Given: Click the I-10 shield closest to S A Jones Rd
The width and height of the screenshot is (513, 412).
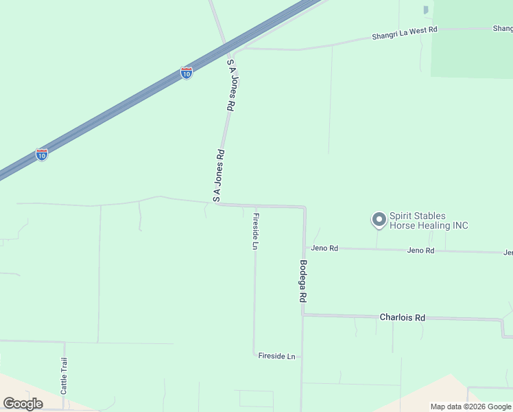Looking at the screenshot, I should pyautogui.click(x=187, y=73).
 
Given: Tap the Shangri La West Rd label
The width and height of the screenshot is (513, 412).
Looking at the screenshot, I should pyautogui.click(x=405, y=32).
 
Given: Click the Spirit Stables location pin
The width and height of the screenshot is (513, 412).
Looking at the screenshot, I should pyautogui.click(x=378, y=220).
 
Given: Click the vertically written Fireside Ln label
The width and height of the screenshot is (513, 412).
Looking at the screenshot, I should pyautogui.click(x=255, y=231).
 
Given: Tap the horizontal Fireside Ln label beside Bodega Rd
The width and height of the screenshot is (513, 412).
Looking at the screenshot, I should pyautogui.click(x=276, y=356).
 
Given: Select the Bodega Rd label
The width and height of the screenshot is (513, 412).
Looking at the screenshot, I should pyautogui.click(x=302, y=282).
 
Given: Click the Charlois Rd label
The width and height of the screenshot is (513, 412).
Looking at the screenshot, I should pyautogui.click(x=403, y=317).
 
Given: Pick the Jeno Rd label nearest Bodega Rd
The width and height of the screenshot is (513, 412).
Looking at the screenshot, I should pyautogui.click(x=324, y=249).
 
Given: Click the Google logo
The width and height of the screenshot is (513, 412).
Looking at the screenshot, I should pyautogui.click(x=23, y=403).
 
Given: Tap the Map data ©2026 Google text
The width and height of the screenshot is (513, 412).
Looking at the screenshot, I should pyautogui.click(x=470, y=407).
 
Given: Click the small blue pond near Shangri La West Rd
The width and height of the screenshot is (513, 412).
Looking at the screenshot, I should pyautogui.click(x=426, y=10).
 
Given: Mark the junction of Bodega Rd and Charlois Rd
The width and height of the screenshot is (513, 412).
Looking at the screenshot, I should pyautogui.click(x=303, y=314).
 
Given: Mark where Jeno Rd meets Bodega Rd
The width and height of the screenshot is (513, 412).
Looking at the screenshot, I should pyautogui.click(x=304, y=247).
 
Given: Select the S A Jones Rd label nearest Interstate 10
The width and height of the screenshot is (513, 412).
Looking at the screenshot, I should pyautogui.click(x=231, y=84).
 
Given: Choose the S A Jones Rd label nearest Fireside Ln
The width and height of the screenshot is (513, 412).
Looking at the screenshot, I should pyautogui.click(x=219, y=176).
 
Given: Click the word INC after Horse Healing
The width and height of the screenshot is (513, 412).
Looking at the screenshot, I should pyautogui.click(x=460, y=225).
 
